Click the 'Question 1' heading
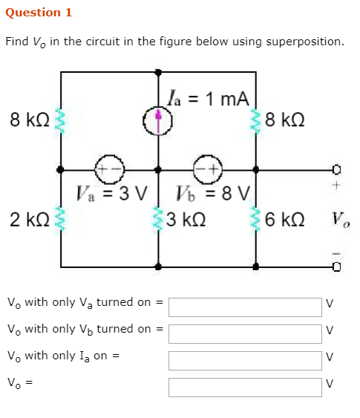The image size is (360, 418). point(38,13)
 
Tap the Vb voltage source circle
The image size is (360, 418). point(207,169)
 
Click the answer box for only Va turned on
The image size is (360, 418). point(244,307)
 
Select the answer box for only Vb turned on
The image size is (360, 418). point(244,333)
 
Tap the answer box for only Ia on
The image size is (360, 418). point(244,360)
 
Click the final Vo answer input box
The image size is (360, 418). point(244,387)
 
